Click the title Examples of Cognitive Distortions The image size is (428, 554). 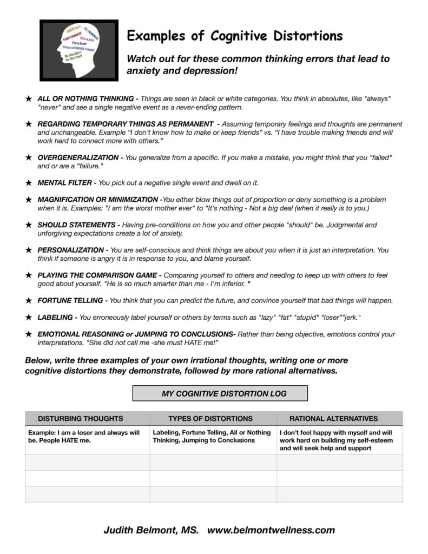coord(234,36)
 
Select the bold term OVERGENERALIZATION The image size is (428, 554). coord(77,157)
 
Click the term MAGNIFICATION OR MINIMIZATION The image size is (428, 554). coord(99,200)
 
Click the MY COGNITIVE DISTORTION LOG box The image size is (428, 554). coord(220,393)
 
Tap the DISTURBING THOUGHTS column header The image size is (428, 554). coord(81,418)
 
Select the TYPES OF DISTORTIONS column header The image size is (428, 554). coord(210,418)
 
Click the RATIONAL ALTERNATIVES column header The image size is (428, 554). coord(333,418)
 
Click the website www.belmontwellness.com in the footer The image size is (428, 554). coord(271,530)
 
